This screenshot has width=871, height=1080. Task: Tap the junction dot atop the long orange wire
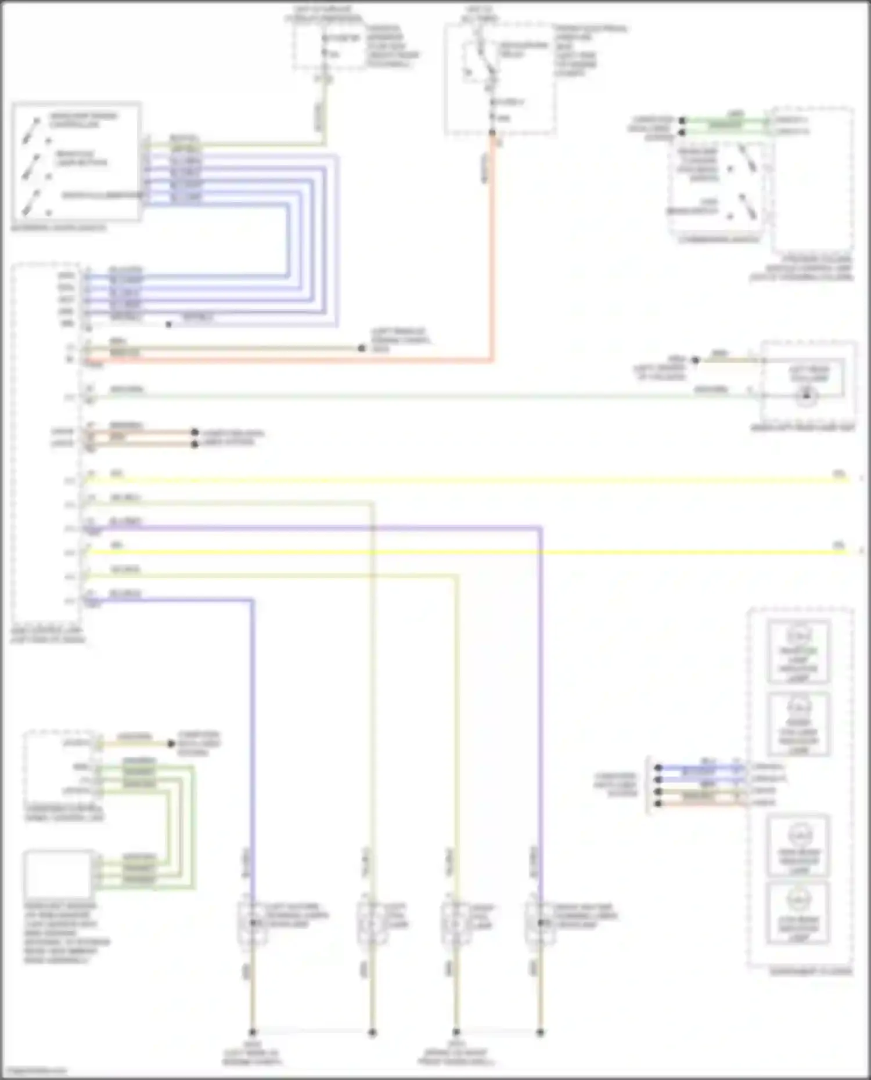492,133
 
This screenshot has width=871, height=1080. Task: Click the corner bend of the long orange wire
492,360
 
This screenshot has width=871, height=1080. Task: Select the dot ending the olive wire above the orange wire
362,348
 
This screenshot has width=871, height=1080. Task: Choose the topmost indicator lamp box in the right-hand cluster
798,651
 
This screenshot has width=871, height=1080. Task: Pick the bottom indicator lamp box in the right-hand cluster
798,914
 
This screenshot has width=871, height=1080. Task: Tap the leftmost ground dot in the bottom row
253,1032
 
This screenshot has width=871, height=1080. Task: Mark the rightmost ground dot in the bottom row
540,1032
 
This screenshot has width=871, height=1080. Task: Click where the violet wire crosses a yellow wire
540,551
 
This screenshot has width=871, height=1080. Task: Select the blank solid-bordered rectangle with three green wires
58,874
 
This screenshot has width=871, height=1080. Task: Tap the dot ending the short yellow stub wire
171,743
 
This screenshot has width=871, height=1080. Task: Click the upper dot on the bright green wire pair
683,121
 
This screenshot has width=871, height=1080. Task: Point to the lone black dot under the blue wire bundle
168,324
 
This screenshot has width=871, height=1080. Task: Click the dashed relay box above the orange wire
499,78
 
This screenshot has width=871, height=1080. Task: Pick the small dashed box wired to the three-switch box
328,46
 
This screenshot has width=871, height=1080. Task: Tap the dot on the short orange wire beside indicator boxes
658,803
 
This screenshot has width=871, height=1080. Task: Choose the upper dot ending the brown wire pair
195,432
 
